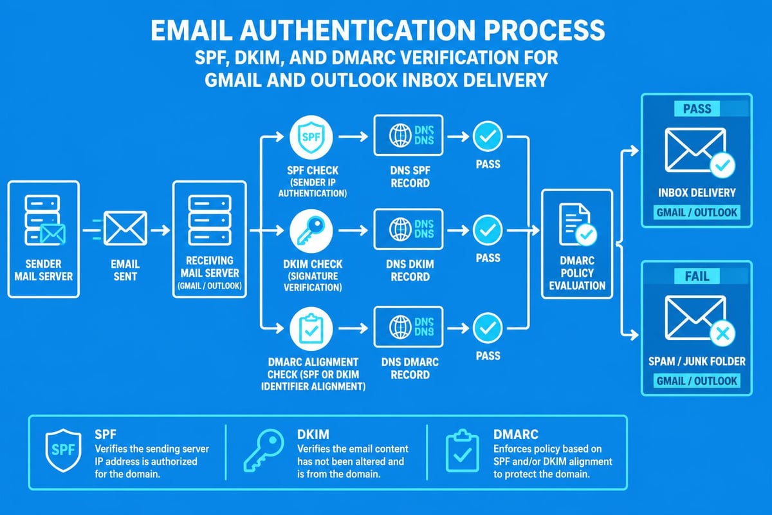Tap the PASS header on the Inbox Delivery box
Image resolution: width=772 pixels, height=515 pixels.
coord(696,109)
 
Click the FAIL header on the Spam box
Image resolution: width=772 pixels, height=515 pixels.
coord(696,276)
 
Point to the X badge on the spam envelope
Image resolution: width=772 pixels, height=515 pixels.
coord(721,333)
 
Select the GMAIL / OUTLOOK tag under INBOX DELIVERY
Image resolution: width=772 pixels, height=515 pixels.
coord(696,213)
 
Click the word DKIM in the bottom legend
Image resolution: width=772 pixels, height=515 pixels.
coord(312,434)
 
